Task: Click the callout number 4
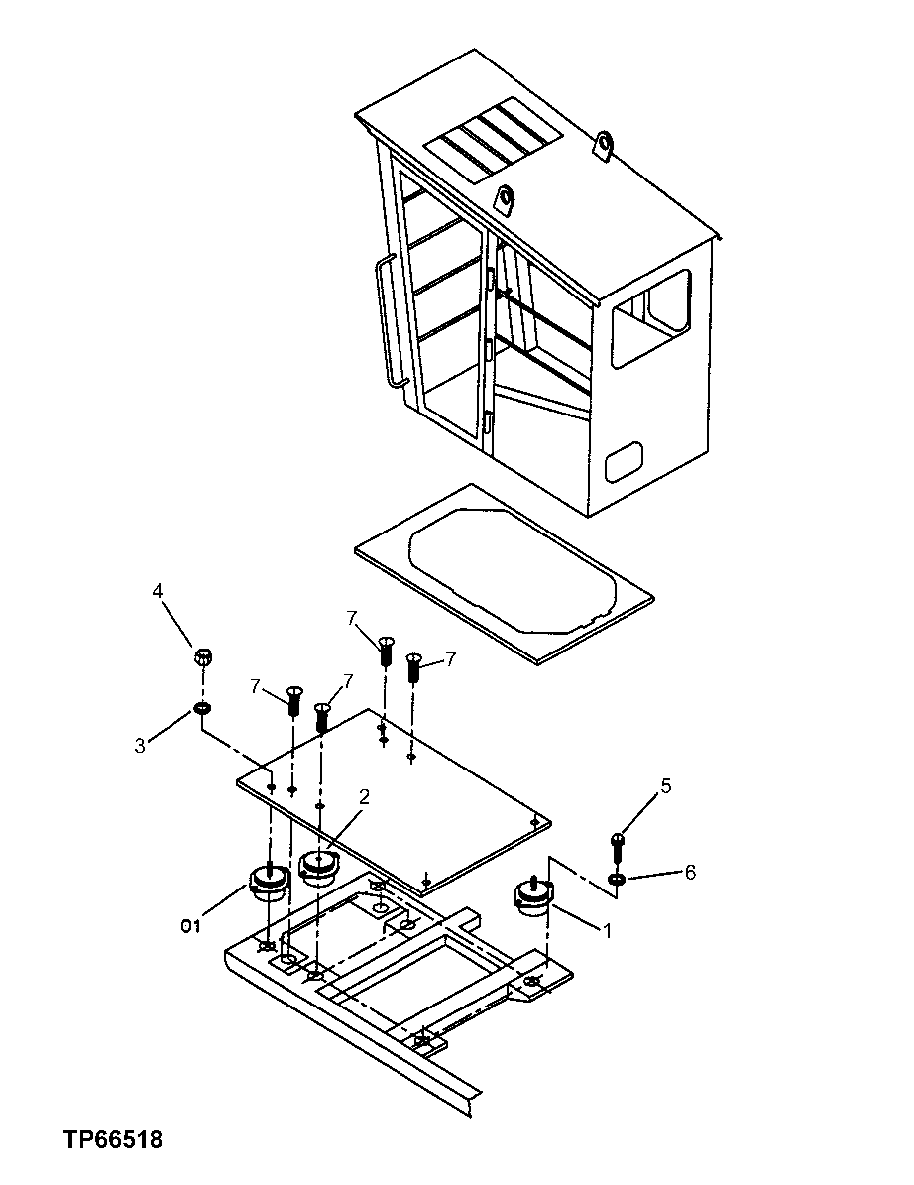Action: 158,592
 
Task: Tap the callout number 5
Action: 666,786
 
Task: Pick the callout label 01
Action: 190,926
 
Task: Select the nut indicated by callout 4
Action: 202,656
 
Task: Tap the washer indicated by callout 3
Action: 202,709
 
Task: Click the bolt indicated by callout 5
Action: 618,846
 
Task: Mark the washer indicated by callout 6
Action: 617,880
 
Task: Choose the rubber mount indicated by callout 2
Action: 319,867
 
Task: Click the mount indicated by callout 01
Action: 266,882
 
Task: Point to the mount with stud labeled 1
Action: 532,896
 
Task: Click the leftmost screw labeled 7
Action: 293,699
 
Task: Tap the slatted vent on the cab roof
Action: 493,139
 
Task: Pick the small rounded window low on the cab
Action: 624,461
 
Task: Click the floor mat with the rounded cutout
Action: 504,572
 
